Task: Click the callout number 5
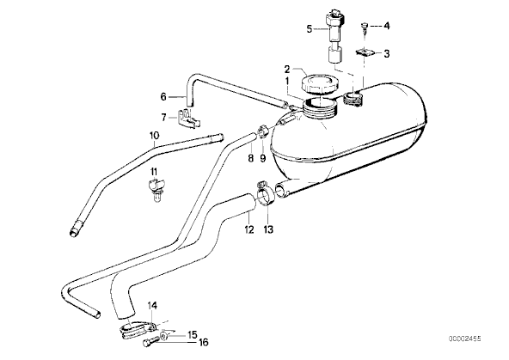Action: click(310, 29)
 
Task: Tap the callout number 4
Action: click(386, 26)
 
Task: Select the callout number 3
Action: click(386, 53)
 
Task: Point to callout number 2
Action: click(287, 69)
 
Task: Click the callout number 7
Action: click(164, 117)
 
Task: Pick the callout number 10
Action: click(155, 135)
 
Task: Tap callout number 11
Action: click(154, 171)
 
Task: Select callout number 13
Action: click(268, 229)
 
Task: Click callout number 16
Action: click(203, 342)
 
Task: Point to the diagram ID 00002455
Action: click(465, 339)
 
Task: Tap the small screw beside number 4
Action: click(365, 27)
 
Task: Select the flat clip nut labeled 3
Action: click(365, 52)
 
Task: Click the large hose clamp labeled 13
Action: click(266, 193)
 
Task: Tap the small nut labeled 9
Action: click(263, 132)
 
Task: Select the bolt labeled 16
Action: click(150, 342)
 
